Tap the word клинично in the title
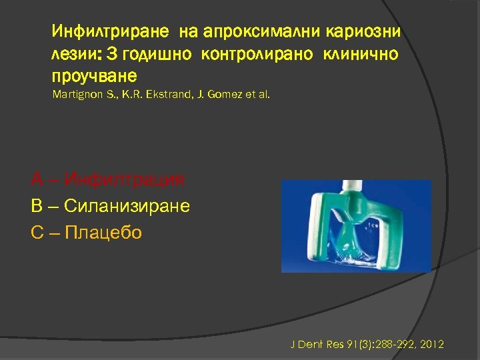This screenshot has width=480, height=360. (x=361, y=54)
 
